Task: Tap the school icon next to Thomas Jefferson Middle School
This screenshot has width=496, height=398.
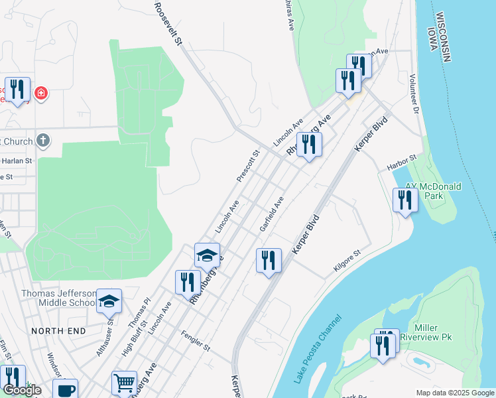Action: [x=109, y=302]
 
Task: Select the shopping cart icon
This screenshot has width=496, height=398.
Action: [x=124, y=383]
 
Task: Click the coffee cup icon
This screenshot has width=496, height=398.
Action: [x=65, y=390]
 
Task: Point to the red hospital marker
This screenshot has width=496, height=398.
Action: [x=41, y=93]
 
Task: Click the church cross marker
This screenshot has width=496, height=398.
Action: [x=43, y=140]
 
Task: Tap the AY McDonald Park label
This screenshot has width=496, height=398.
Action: [x=433, y=192]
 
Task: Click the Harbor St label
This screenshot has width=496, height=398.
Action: [x=402, y=160]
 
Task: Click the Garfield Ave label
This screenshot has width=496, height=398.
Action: [x=272, y=213]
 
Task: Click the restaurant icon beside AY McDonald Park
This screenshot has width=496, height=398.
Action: [x=405, y=200]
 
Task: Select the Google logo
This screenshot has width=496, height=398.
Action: [x=22, y=390]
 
